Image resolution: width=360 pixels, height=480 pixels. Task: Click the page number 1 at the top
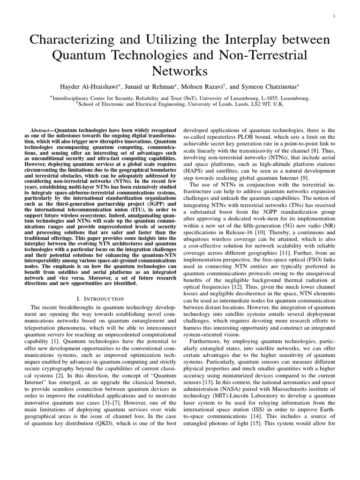(x=333, y=16)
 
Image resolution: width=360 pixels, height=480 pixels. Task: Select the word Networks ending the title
(x=180, y=71)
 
